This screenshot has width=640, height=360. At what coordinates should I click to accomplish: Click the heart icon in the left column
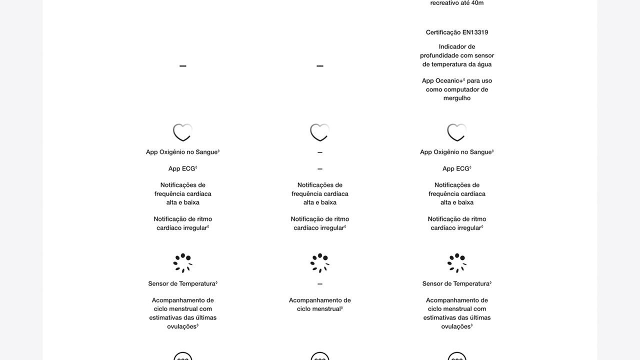pyautogui.click(x=182, y=132)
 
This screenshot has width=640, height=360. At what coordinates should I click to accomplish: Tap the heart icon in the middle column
pyautogui.click(x=320, y=132)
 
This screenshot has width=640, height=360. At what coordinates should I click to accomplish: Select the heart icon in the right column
pyautogui.click(x=457, y=132)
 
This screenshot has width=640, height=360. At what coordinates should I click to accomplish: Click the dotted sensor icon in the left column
pyautogui.click(x=182, y=263)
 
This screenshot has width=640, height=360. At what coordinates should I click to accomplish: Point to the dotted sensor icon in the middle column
pyautogui.click(x=320, y=263)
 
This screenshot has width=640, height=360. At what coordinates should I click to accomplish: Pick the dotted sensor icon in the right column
pyautogui.click(x=457, y=263)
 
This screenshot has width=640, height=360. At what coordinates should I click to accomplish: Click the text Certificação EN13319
pyautogui.click(x=457, y=32)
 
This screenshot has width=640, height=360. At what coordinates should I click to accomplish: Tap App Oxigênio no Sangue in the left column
pyautogui.click(x=182, y=152)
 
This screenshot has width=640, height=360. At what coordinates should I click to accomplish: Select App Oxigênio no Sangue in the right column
pyautogui.click(x=456, y=152)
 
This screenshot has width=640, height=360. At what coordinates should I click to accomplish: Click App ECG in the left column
pyautogui.click(x=182, y=168)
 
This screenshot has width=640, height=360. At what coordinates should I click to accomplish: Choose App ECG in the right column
pyautogui.click(x=456, y=168)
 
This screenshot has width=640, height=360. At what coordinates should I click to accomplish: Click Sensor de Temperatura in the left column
pyautogui.click(x=182, y=283)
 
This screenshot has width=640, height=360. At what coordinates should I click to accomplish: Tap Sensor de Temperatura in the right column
pyautogui.click(x=456, y=283)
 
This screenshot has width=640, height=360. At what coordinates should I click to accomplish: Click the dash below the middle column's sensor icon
pyautogui.click(x=320, y=284)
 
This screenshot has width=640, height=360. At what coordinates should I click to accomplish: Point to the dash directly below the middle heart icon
pyautogui.click(x=320, y=152)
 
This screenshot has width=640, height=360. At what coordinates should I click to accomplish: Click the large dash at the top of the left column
pyautogui.click(x=182, y=65)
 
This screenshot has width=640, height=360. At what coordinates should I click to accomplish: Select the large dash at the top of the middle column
pyautogui.click(x=320, y=65)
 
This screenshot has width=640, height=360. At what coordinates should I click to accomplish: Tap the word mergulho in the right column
pyautogui.click(x=457, y=98)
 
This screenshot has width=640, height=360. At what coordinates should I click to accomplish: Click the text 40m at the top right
pyautogui.click(x=477, y=3)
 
